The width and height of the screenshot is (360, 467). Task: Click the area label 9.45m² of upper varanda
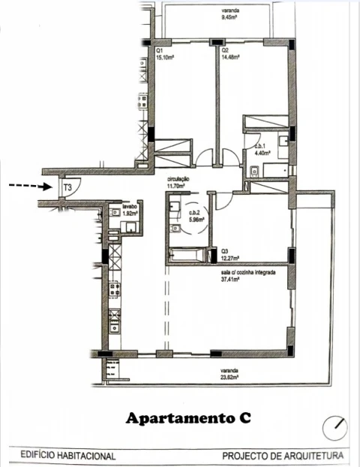pos(228,16)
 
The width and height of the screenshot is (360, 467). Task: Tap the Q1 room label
pos(160,50)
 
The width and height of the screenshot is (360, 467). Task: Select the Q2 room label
pos(223,50)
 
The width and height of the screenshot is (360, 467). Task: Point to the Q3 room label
pos(224,252)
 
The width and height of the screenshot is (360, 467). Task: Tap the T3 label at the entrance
pos(67,186)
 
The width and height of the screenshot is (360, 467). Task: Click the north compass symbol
pos(334,429)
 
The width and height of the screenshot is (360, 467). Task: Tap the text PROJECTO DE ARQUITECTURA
pos(283,455)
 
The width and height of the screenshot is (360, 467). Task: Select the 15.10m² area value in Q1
pos(165,56)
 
